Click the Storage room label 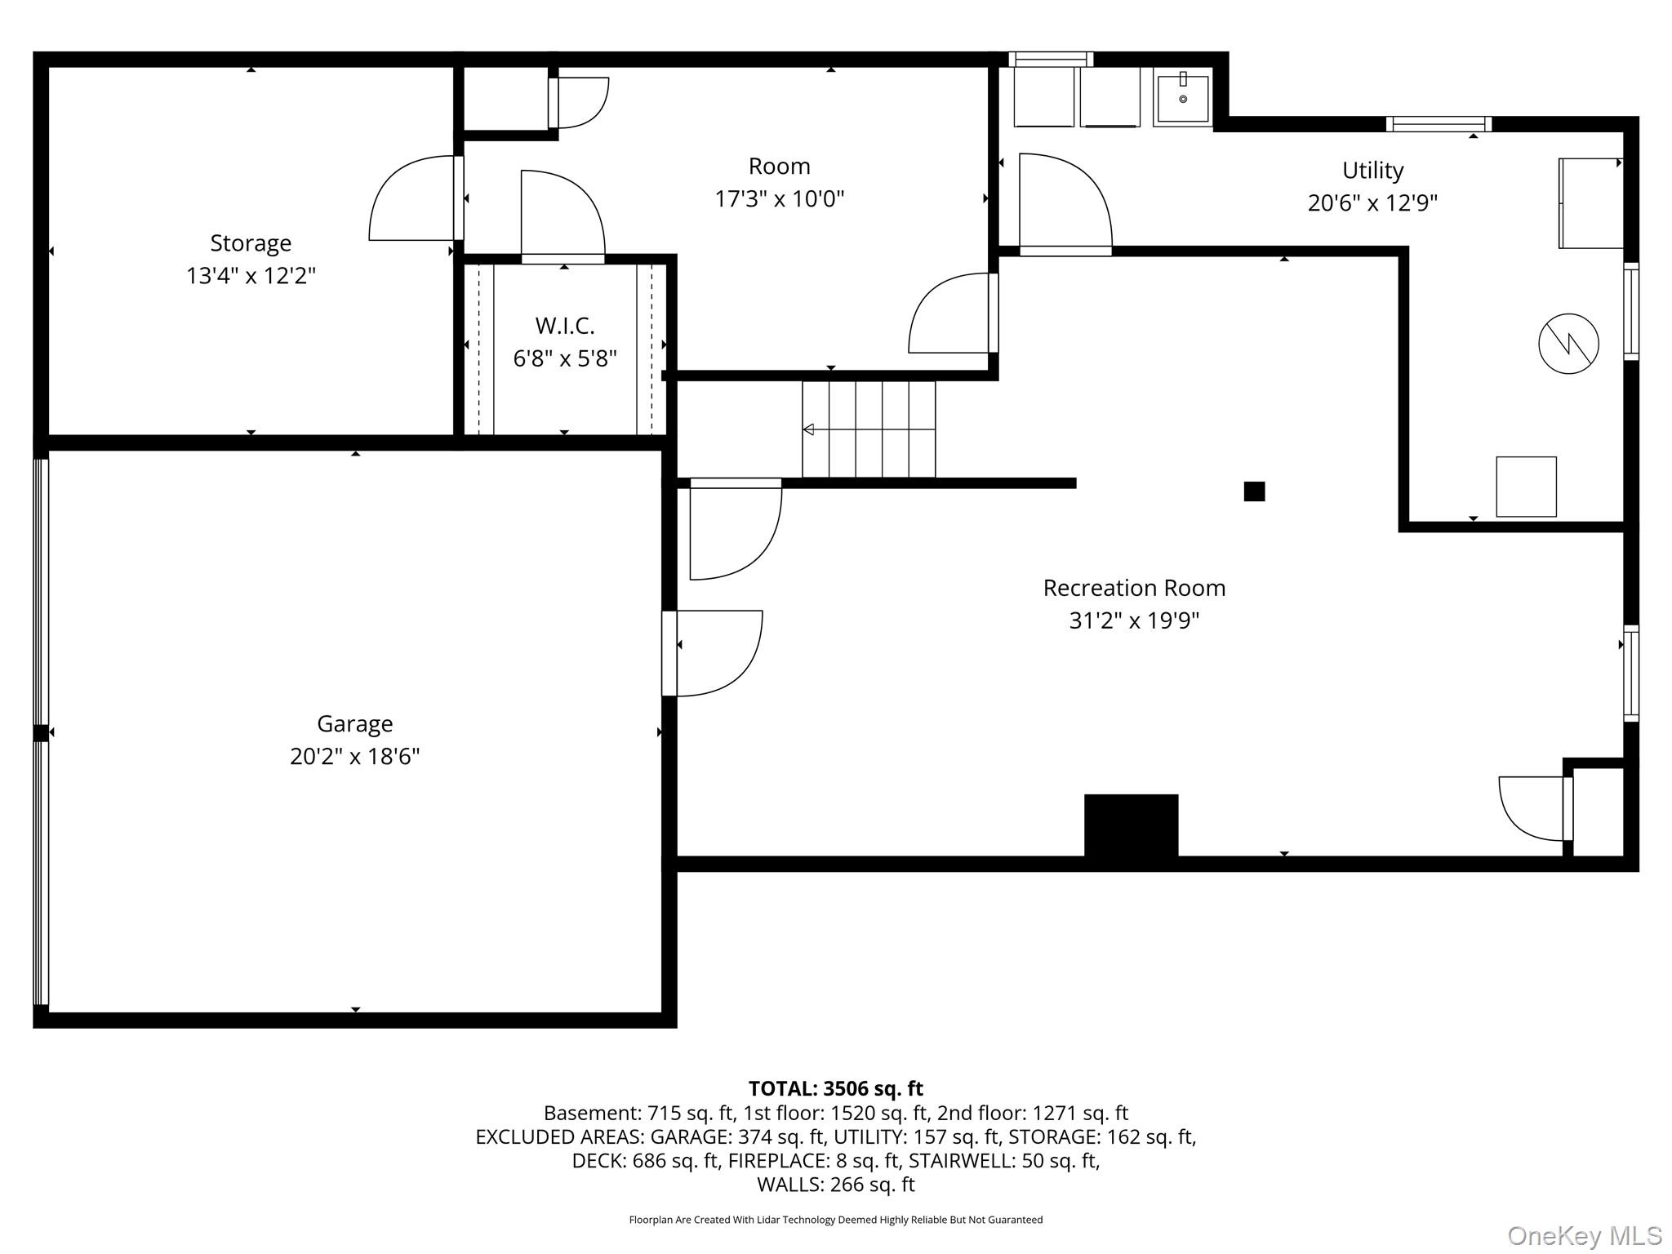tap(251, 243)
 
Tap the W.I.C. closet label tap(564, 326)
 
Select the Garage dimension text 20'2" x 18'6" tap(354, 756)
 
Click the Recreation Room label tap(1134, 588)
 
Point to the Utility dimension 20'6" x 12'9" tap(1372, 202)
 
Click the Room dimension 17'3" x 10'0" tap(779, 198)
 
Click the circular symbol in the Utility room tap(1568, 344)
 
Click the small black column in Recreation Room tap(1254, 491)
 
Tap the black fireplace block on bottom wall tap(1131, 825)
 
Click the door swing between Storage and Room tap(412, 200)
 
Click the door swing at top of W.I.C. tap(563, 215)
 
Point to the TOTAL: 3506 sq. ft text tap(835, 1088)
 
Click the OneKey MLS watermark tap(1584, 1236)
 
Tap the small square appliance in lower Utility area tap(1525, 487)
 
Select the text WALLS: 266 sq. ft tap(835, 1184)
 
